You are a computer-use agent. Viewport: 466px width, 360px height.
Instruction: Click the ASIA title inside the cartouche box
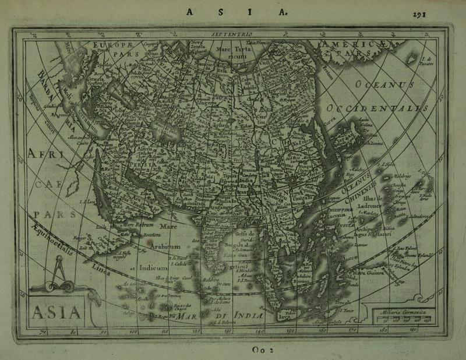click(56, 311)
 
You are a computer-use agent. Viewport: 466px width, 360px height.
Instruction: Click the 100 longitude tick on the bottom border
click(133, 333)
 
